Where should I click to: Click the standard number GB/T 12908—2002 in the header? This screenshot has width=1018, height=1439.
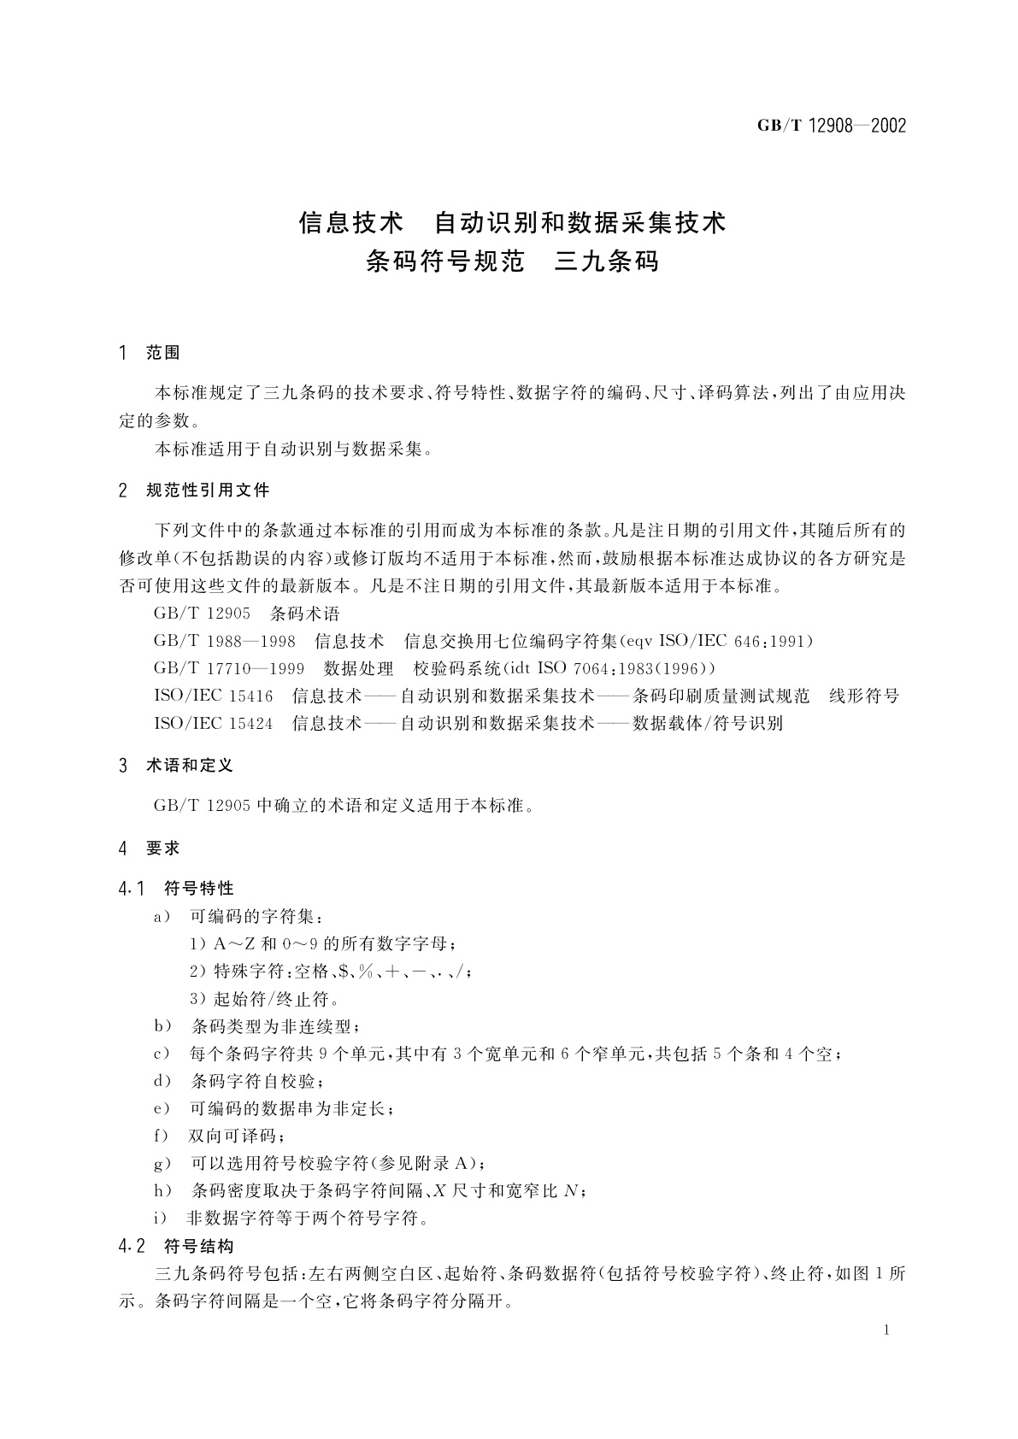(831, 126)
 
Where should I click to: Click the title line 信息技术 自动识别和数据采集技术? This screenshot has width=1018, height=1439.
(512, 223)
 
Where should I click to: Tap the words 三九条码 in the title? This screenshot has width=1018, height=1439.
(607, 261)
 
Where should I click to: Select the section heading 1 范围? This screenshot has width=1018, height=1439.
(150, 352)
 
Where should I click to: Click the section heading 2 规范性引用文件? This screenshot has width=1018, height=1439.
(195, 490)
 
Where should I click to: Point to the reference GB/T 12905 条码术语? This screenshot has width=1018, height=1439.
(246, 614)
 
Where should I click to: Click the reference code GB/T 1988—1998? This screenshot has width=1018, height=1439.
(225, 641)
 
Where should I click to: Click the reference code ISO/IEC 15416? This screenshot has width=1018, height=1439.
(214, 696)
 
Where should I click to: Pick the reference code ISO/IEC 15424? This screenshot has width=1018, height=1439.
(214, 723)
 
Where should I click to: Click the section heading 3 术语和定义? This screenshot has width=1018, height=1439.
(177, 766)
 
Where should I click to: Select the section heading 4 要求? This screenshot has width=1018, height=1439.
(150, 849)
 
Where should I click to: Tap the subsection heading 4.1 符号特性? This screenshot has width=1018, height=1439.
(177, 889)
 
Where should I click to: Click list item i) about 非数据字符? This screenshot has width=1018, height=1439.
(291, 1218)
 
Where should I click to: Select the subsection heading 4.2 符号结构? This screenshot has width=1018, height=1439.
(177, 1246)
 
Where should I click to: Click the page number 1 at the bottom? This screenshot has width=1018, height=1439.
(886, 1330)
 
